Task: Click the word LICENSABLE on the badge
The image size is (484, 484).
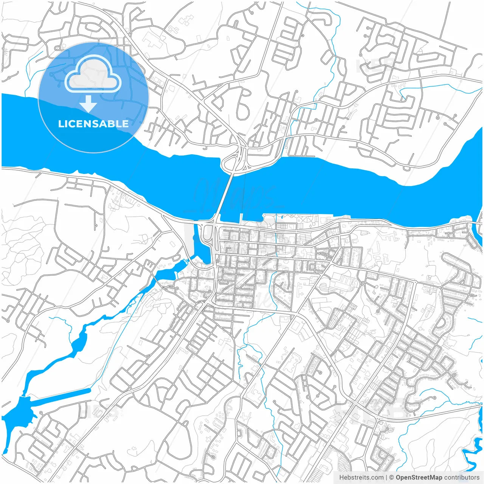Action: click(x=93, y=124)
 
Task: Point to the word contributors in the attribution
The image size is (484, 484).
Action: click(x=462, y=478)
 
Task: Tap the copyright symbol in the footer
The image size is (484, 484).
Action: click(x=391, y=478)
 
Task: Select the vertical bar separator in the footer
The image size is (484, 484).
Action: click(x=386, y=478)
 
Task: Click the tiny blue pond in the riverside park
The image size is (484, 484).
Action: click(x=281, y=217)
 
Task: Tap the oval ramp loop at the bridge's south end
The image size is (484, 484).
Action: click(x=207, y=236)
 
